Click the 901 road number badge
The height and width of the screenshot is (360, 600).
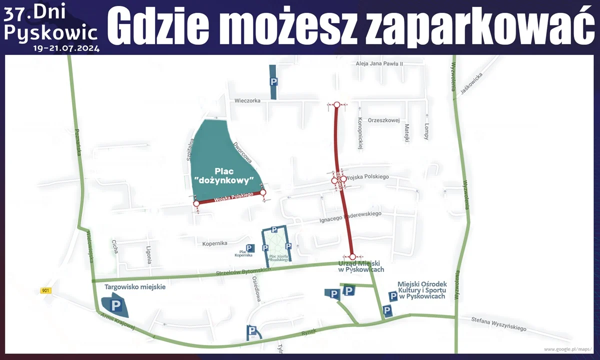pyautogui.click(x=46, y=290)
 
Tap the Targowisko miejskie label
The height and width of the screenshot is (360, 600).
pyautogui.click(x=135, y=287)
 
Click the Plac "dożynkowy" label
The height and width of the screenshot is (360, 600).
pyautogui.click(x=224, y=175)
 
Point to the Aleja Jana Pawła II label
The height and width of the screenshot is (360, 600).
pyautogui.click(x=379, y=64)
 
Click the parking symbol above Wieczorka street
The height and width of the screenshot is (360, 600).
pyautogui.click(x=273, y=81)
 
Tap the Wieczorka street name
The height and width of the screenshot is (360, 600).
pyautogui.click(x=247, y=100)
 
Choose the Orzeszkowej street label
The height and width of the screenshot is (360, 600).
pyautogui.click(x=384, y=120)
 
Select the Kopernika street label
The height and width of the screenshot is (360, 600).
pyautogui.click(x=215, y=243)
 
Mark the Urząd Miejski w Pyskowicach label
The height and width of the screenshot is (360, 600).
pyautogui.click(x=361, y=266)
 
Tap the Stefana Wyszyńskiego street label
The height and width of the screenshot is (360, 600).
pyautogui.click(x=499, y=324)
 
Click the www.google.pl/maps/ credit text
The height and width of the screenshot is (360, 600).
pyautogui.click(x=567, y=349)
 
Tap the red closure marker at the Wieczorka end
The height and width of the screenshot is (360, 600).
pyautogui.click(x=337, y=105)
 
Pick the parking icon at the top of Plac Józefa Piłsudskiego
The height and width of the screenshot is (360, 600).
pyautogui.click(x=274, y=229)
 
